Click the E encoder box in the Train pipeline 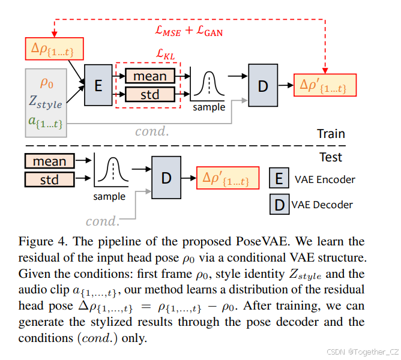pos(98,85)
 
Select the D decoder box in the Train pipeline pos(262,85)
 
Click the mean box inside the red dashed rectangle pos(149,76)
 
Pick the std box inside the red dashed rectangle pos(149,94)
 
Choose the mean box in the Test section pos(49,161)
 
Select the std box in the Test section pos(49,179)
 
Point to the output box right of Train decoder pos(325,85)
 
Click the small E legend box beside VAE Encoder pos(279,178)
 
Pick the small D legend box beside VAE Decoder pos(279,205)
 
